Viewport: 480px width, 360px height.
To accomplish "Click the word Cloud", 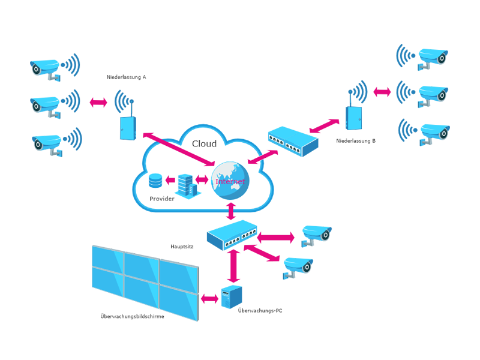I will (x=203, y=144).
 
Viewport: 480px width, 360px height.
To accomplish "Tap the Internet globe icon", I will (x=230, y=179).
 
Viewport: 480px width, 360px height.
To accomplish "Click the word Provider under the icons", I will (x=162, y=198).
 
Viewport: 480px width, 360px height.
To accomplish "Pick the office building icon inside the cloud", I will (x=186, y=183).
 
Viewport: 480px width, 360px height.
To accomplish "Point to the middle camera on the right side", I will (x=432, y=90).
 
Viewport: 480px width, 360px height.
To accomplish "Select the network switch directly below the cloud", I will (x=233, y=235).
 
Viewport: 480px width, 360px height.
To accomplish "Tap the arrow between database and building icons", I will (x=170, y=180).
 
